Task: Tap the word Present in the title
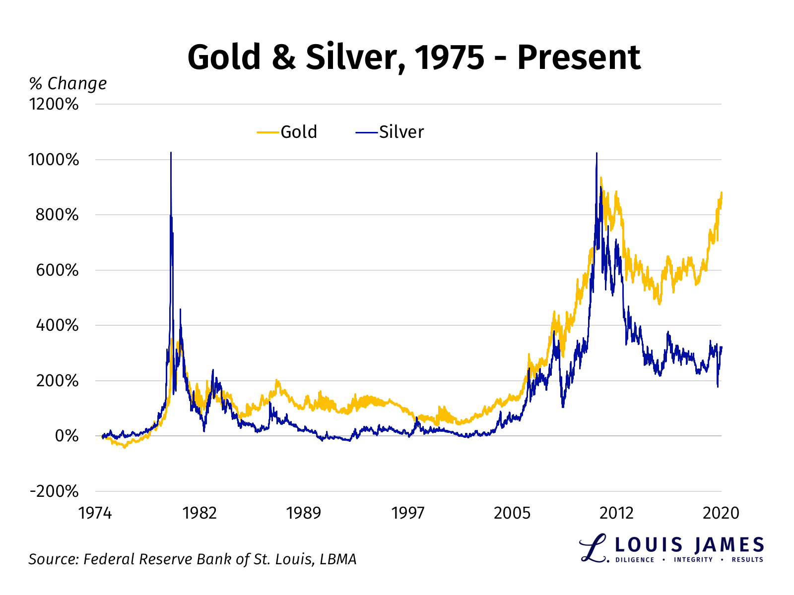click(579, 57)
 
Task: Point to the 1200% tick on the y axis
click(54, 104)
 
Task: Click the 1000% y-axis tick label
click(54, 160)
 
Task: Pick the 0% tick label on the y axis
click(66, 436)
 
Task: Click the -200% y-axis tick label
click(54, 491)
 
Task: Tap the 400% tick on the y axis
click(57, 326)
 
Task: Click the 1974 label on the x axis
click(95, 513)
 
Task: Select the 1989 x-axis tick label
click(303, 513)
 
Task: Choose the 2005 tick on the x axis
click(512, 513)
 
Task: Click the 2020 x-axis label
click(721, 513)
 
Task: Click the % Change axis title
click(68, 83)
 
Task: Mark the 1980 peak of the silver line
click(171, 153)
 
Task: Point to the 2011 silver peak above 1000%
click(596, 153)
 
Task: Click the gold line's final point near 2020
click(722, 193)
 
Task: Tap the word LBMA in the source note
click(338, 559)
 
